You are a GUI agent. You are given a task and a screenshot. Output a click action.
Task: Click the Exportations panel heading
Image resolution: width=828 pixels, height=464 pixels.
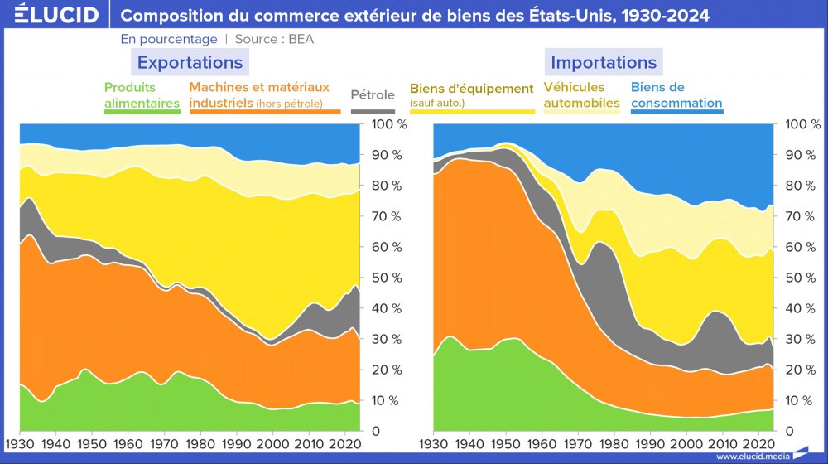click(x=190, y=63)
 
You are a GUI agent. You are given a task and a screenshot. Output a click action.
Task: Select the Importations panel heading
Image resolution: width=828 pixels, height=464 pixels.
click(x=603, y=63)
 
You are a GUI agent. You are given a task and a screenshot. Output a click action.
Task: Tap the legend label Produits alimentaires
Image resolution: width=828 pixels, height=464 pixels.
click(x=142, y=95)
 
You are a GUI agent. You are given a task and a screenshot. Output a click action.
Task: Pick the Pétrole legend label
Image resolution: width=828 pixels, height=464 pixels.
click(x=373, y=94)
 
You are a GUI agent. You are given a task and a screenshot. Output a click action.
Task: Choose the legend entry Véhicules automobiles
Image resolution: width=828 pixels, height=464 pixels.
click(x=581, y=95)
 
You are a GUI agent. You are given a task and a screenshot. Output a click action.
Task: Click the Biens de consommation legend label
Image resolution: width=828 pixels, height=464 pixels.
click(x=676, y=95)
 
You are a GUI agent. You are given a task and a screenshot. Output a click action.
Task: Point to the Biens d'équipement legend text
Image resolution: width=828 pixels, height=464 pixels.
click(x=472, y=89)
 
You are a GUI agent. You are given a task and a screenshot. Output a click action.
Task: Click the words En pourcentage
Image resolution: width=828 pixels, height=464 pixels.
click(x=169, y=39)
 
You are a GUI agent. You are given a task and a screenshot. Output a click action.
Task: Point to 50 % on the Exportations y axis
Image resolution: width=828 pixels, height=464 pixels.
click(x=385, y=278)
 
